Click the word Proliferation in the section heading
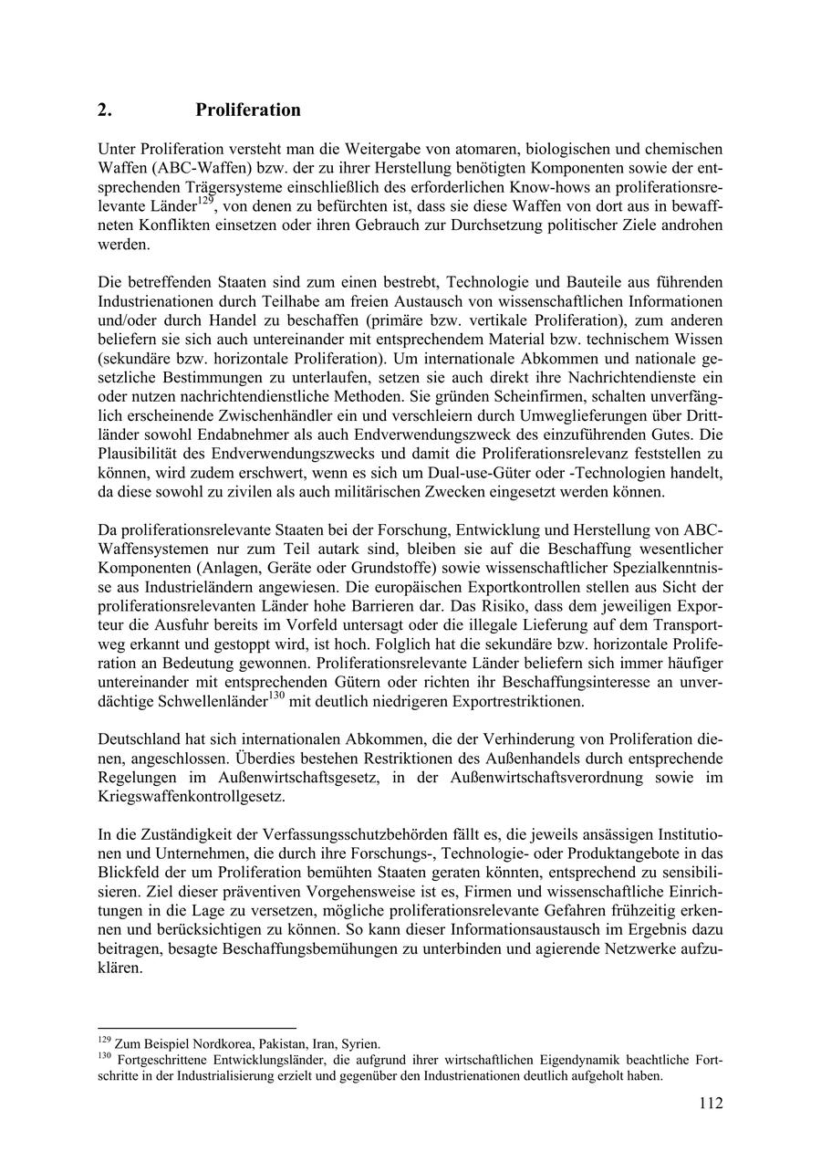(x=247, y=110)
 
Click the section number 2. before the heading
(x=105, y=110)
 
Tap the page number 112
(x=711, y=1104)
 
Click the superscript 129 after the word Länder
(x=207, y=198)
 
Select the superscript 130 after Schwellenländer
(x=277, y=696)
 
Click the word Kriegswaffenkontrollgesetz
(x=191, y=796)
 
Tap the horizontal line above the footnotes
(x=197, y=1028)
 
